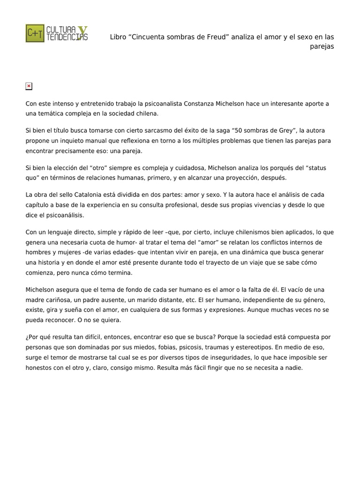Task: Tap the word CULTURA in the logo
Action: [60, 29]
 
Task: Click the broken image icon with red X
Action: [29, 86]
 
